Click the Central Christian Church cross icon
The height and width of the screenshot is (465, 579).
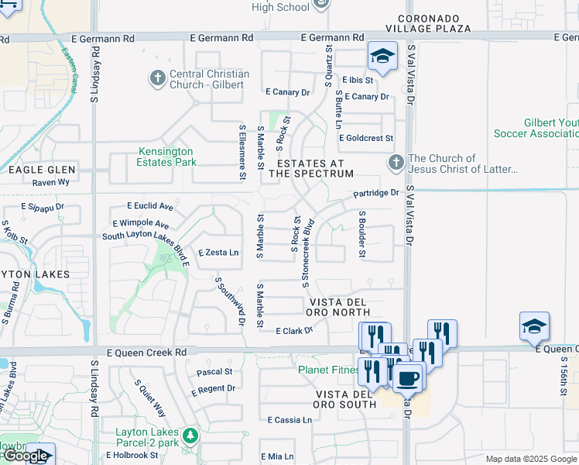pos(157,78)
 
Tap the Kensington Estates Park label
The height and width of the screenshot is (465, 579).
pos(167,157)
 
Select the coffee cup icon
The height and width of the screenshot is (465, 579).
pos(407,378)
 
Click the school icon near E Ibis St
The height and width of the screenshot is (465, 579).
pos(382,56)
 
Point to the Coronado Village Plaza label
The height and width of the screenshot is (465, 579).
pos(433,22)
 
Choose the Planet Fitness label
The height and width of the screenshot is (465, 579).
pos(329,370)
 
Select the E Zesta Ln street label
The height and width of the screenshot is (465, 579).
pos(219,253)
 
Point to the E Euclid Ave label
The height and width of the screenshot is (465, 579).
pos(150,207)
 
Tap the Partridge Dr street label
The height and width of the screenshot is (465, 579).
pos(376,193)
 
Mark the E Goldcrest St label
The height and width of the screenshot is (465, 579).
pos(366,138)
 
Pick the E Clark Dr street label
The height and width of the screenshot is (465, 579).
pos(294,331)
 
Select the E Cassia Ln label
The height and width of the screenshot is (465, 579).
pos(289,420)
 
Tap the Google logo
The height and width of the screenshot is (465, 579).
pos(26,456)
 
